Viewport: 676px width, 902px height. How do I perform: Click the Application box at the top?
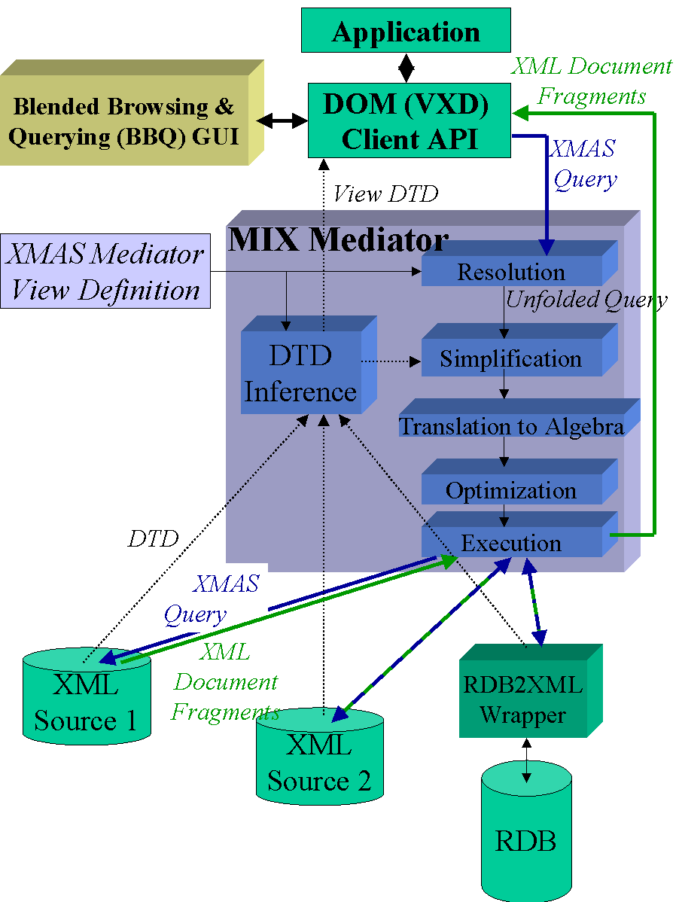point(406,32)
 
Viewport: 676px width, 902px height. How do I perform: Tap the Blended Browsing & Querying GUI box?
point(124,120)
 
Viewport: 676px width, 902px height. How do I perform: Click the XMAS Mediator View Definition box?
point(105,272)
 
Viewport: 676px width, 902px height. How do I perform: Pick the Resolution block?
point(511,271)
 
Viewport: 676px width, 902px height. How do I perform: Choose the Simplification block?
point(511,358)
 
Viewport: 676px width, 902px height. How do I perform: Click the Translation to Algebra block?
point(511,426)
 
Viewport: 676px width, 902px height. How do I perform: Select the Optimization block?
point(511,490)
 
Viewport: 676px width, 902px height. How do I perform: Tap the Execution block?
point(511,543)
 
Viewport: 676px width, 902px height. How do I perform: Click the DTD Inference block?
point(300,373)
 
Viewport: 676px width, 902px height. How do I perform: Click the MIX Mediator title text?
point(338,240)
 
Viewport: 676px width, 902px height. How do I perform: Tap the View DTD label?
point(385,194)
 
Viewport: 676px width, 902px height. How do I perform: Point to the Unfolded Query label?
point(586,300)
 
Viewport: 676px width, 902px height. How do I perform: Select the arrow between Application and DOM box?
point(407,67)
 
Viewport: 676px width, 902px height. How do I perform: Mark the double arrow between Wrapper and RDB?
point(526,760)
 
